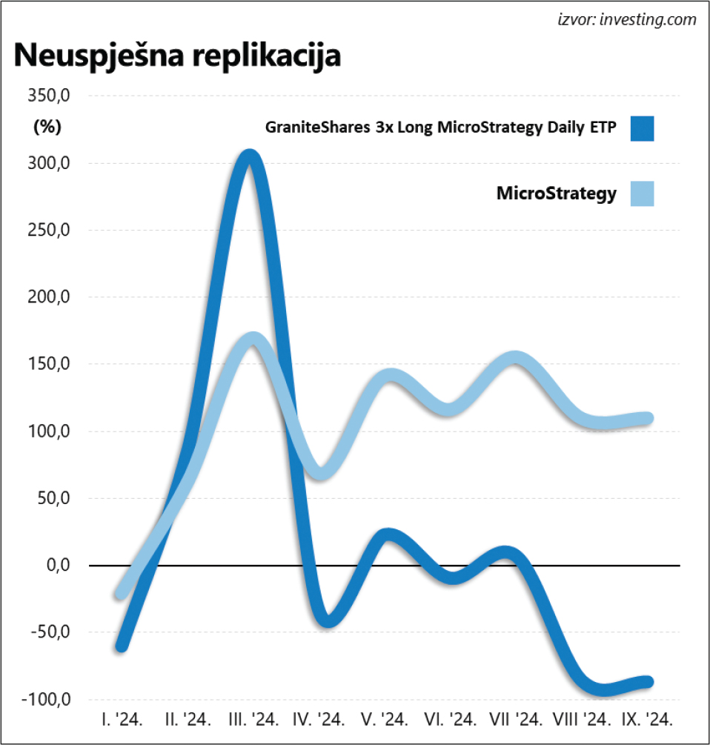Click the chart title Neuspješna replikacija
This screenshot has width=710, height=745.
click(x=176, y=56)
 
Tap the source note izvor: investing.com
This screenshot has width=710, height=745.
click(x=627, y=20)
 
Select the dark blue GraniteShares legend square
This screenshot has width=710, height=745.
click(x=642, y=128)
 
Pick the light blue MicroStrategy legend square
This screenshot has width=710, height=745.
click(x=642, y=194)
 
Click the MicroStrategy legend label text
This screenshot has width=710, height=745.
click(x=556, y=194)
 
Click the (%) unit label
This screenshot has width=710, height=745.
click(x=47, y=127)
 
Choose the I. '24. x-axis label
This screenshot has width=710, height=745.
click(x=122, y=720)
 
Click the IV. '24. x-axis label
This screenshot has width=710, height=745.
click(x=319, y=720)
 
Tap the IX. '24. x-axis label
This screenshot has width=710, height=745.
click(x=647, y=720)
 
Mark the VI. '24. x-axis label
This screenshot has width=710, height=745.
click(x=450, y=720)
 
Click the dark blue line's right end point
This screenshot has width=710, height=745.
click(x=648, y=681)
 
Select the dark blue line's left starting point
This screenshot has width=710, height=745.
click(x=122, y=646)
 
